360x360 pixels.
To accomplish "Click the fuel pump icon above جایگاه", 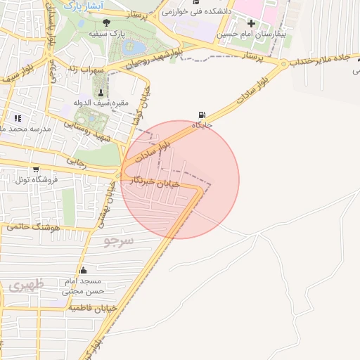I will (203, 115).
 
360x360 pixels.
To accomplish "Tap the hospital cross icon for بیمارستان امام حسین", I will (251, 22).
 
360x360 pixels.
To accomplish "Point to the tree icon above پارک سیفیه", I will (106, 22).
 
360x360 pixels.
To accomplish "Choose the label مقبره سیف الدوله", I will (103, 104).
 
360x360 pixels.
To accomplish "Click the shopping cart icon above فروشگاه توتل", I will (35, 169).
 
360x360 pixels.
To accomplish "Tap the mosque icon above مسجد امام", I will (84, 271).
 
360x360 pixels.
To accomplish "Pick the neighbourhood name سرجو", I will (119, 240).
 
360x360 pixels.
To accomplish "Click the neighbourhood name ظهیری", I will (27, 285).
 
